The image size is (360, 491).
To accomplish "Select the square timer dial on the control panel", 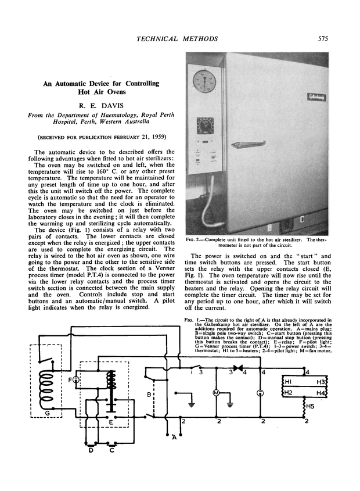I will click(204, 126).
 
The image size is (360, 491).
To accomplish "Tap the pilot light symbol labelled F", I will click(75, 380).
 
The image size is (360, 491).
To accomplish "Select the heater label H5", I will click(311, 406).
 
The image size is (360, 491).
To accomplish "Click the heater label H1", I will click(288, 382).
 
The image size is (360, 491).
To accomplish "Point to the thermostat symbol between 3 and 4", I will click(236, 368).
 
